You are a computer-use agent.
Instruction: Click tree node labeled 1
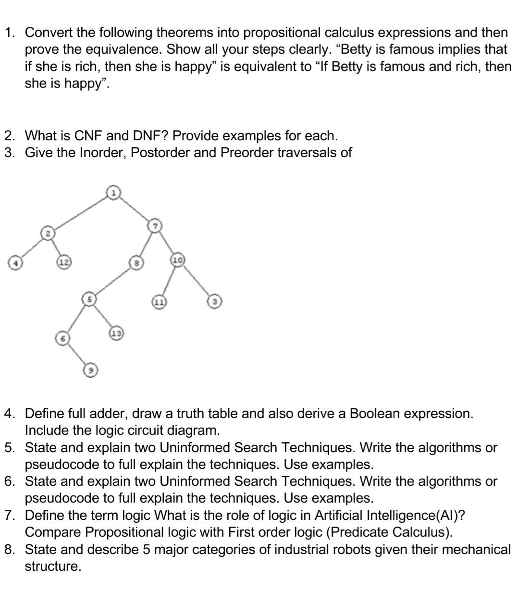point(113,193)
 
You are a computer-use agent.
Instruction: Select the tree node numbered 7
point(155,225)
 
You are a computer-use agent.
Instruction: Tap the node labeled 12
point(64,262)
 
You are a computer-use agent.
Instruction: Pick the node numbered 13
point(117,333)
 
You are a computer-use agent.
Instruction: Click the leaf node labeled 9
point(90,370)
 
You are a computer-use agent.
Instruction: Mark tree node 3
point(214,302)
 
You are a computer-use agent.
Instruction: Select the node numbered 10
point(177,260)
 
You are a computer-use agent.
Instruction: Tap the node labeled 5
point(89,299)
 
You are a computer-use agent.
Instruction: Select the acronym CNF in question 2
point(88,136)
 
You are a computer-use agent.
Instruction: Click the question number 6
point(9,482)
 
